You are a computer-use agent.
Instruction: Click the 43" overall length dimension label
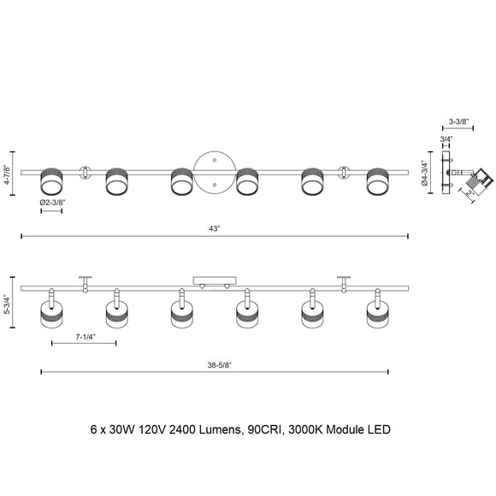[214, 228]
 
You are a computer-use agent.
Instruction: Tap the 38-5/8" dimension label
[220, 365]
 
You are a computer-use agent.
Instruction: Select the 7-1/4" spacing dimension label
[86, 337]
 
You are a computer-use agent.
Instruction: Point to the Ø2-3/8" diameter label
[52, 203]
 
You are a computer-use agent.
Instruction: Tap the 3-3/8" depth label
[458, 121]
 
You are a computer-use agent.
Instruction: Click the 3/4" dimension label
[446, 139]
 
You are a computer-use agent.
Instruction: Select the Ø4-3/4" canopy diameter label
[425, 174]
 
